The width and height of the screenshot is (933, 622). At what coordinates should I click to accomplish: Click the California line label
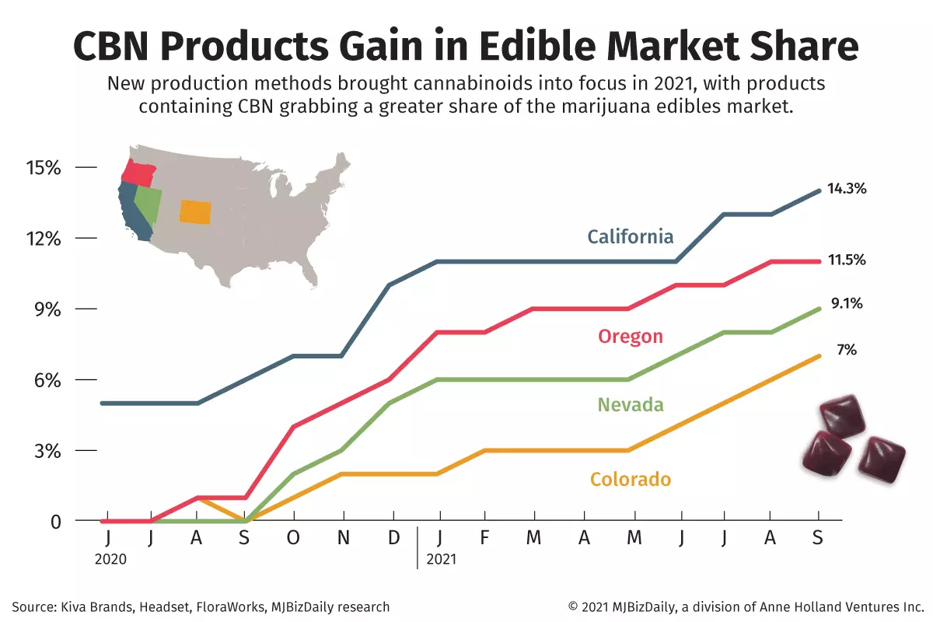click(x=630, y=236)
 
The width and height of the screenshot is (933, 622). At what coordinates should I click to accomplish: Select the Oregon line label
click(x=630, y=336)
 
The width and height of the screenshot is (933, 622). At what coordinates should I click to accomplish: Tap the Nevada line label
click(x=630, y=404)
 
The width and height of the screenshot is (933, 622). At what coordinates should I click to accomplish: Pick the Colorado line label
click(x=630, y=479)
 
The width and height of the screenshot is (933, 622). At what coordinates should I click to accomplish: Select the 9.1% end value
click(x=847, y=304)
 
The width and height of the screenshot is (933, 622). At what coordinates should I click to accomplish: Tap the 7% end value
click(x=846, y=350)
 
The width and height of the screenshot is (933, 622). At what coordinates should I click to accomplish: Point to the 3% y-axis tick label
click(x=44, y=451)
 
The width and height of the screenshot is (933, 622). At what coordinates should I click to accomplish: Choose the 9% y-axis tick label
click(x=44, y=309)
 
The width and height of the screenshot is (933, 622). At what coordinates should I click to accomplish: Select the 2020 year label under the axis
click(x=110, y=558)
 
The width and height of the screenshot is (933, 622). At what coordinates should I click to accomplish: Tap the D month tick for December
click(x=393, y=539)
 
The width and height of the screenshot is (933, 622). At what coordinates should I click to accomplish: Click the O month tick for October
click(x=293, y=539)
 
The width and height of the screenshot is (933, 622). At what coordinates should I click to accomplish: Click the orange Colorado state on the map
click(x=194, y=211)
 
